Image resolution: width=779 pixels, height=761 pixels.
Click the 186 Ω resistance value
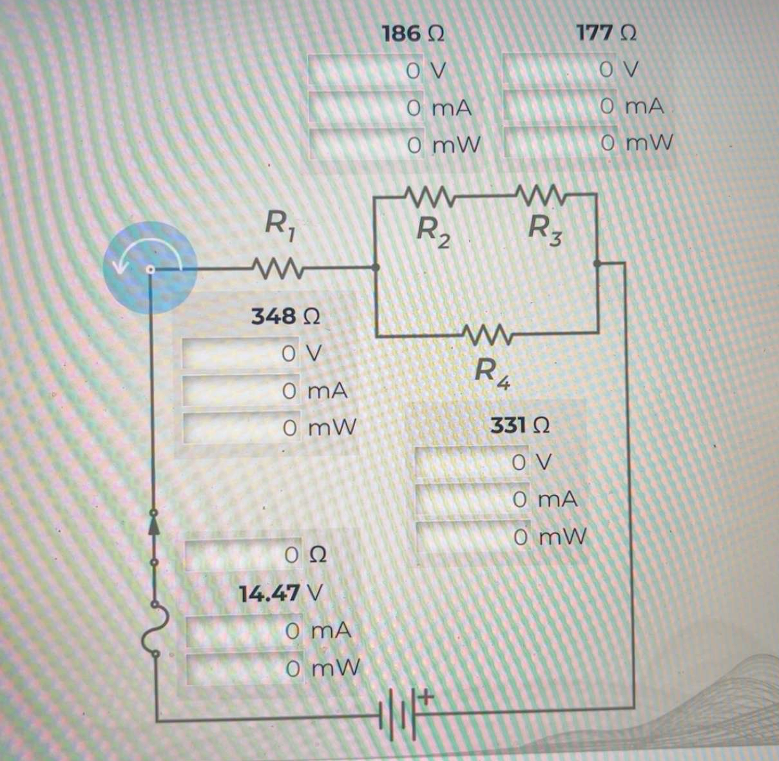pyautogui.click(x=412, y=33)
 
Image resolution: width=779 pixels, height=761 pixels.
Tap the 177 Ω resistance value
pyautogui.click(x=606, y=33)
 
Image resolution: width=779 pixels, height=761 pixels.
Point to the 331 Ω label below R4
pyautogui.click(x=519, y=425)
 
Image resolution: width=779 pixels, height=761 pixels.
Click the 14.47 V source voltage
pyautogui.click(x=280, y=592)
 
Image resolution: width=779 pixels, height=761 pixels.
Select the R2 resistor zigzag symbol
pyautogui.click(x=428, y=194)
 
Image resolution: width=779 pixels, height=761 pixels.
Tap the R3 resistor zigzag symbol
pyautogui.click(x=540, y=193)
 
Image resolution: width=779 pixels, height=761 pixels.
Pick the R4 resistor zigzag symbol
pyautogui.click(x=486, y=335)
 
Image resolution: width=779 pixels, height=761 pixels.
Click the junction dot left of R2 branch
pyautogui.click(x=375, y=267)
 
